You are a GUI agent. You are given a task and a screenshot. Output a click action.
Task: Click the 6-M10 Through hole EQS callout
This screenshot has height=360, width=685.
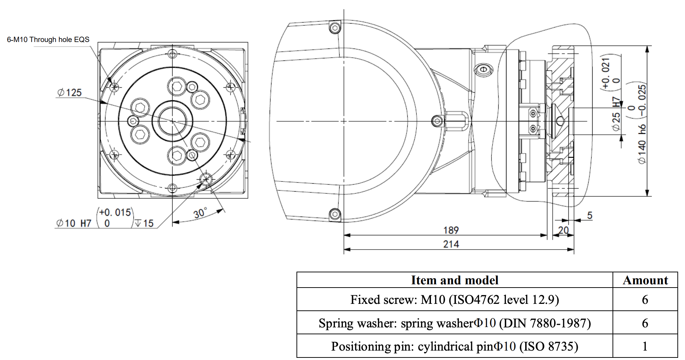[48, 39]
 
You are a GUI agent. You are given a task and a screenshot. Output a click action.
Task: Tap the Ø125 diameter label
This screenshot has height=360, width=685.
[69, 93]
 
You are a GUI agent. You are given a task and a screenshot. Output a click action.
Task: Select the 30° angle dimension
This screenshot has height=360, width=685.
[200, 213]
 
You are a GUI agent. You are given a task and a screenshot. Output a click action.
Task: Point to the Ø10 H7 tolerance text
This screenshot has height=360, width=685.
[74, 223]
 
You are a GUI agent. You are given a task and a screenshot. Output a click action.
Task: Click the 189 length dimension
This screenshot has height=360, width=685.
[451, 230]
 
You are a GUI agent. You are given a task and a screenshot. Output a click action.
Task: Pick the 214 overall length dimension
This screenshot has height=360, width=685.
[451, 244]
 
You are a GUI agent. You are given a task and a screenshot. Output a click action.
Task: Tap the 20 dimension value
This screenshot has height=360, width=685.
[563, 230]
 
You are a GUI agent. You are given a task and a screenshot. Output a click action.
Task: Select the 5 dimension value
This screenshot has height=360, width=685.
[590, 215]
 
